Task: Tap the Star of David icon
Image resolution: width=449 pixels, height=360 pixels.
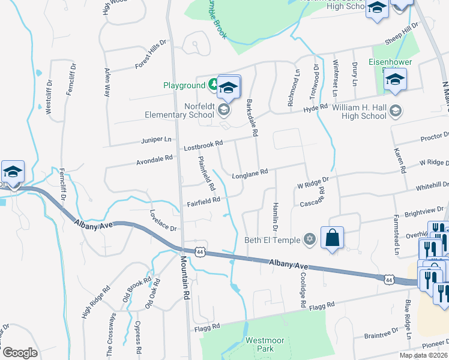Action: click(x=310, y=240)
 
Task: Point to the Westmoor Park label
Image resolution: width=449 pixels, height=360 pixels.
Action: click(x=260, y=344)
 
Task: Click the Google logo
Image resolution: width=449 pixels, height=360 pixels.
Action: click(x=20, y=352)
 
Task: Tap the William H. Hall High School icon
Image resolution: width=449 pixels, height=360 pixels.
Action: click(x=396, y=110)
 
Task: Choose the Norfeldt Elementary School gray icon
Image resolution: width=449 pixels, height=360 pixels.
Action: click(x=224, y=109)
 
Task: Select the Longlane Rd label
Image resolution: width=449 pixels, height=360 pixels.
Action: click(x=249, y=175)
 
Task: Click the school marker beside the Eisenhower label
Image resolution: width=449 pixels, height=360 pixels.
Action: click(x=395, y=81)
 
